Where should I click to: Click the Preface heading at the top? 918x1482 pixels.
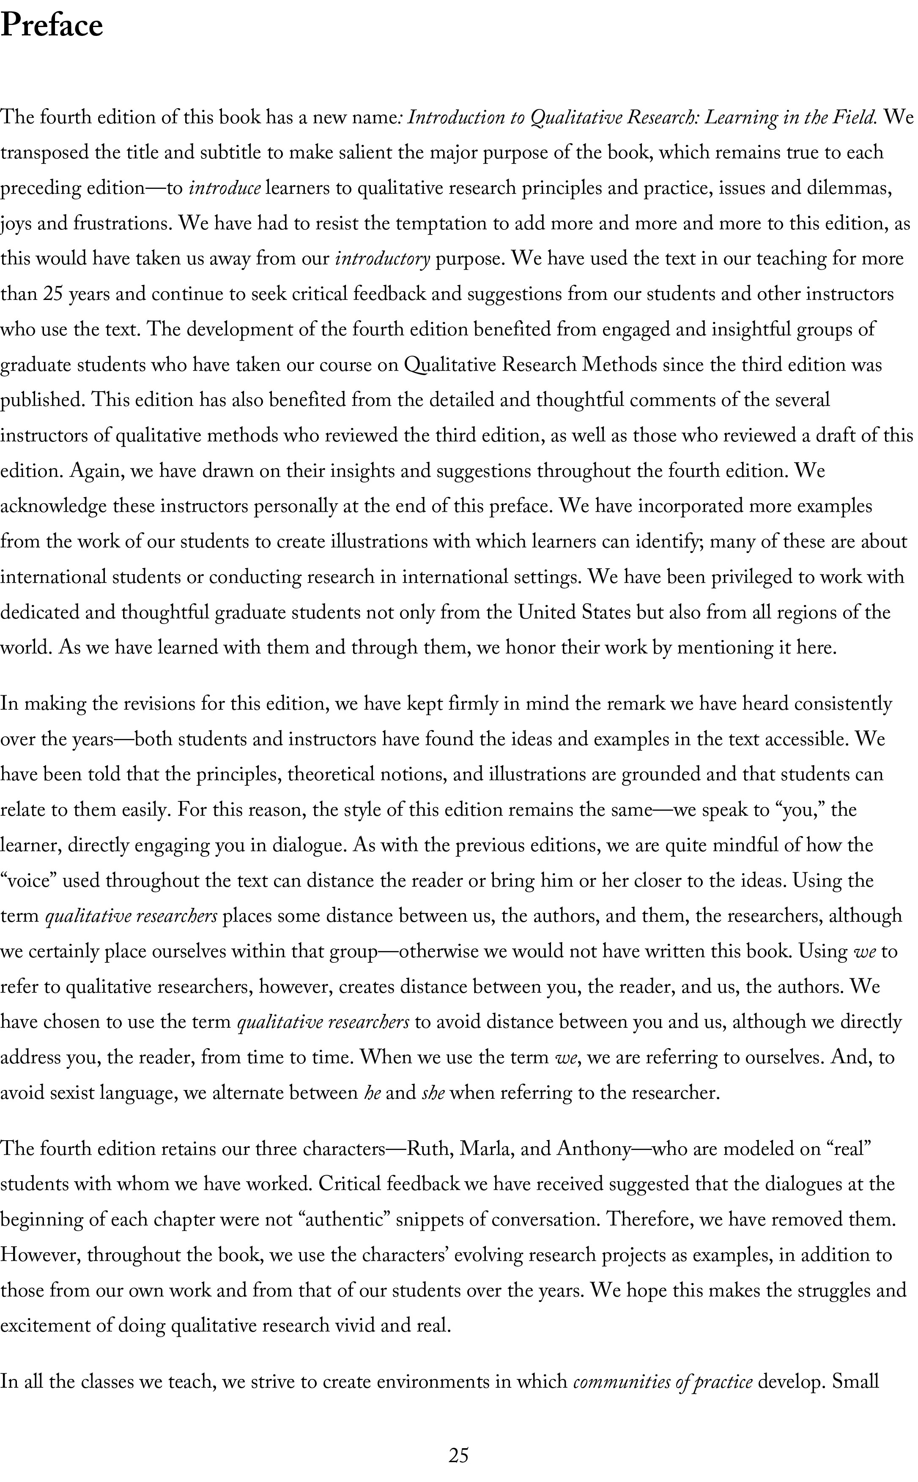click(x=52, y=27)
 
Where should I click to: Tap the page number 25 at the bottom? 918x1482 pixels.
click(x=458, y=1455)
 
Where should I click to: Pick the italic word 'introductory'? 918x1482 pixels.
click(x=383, y=259)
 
